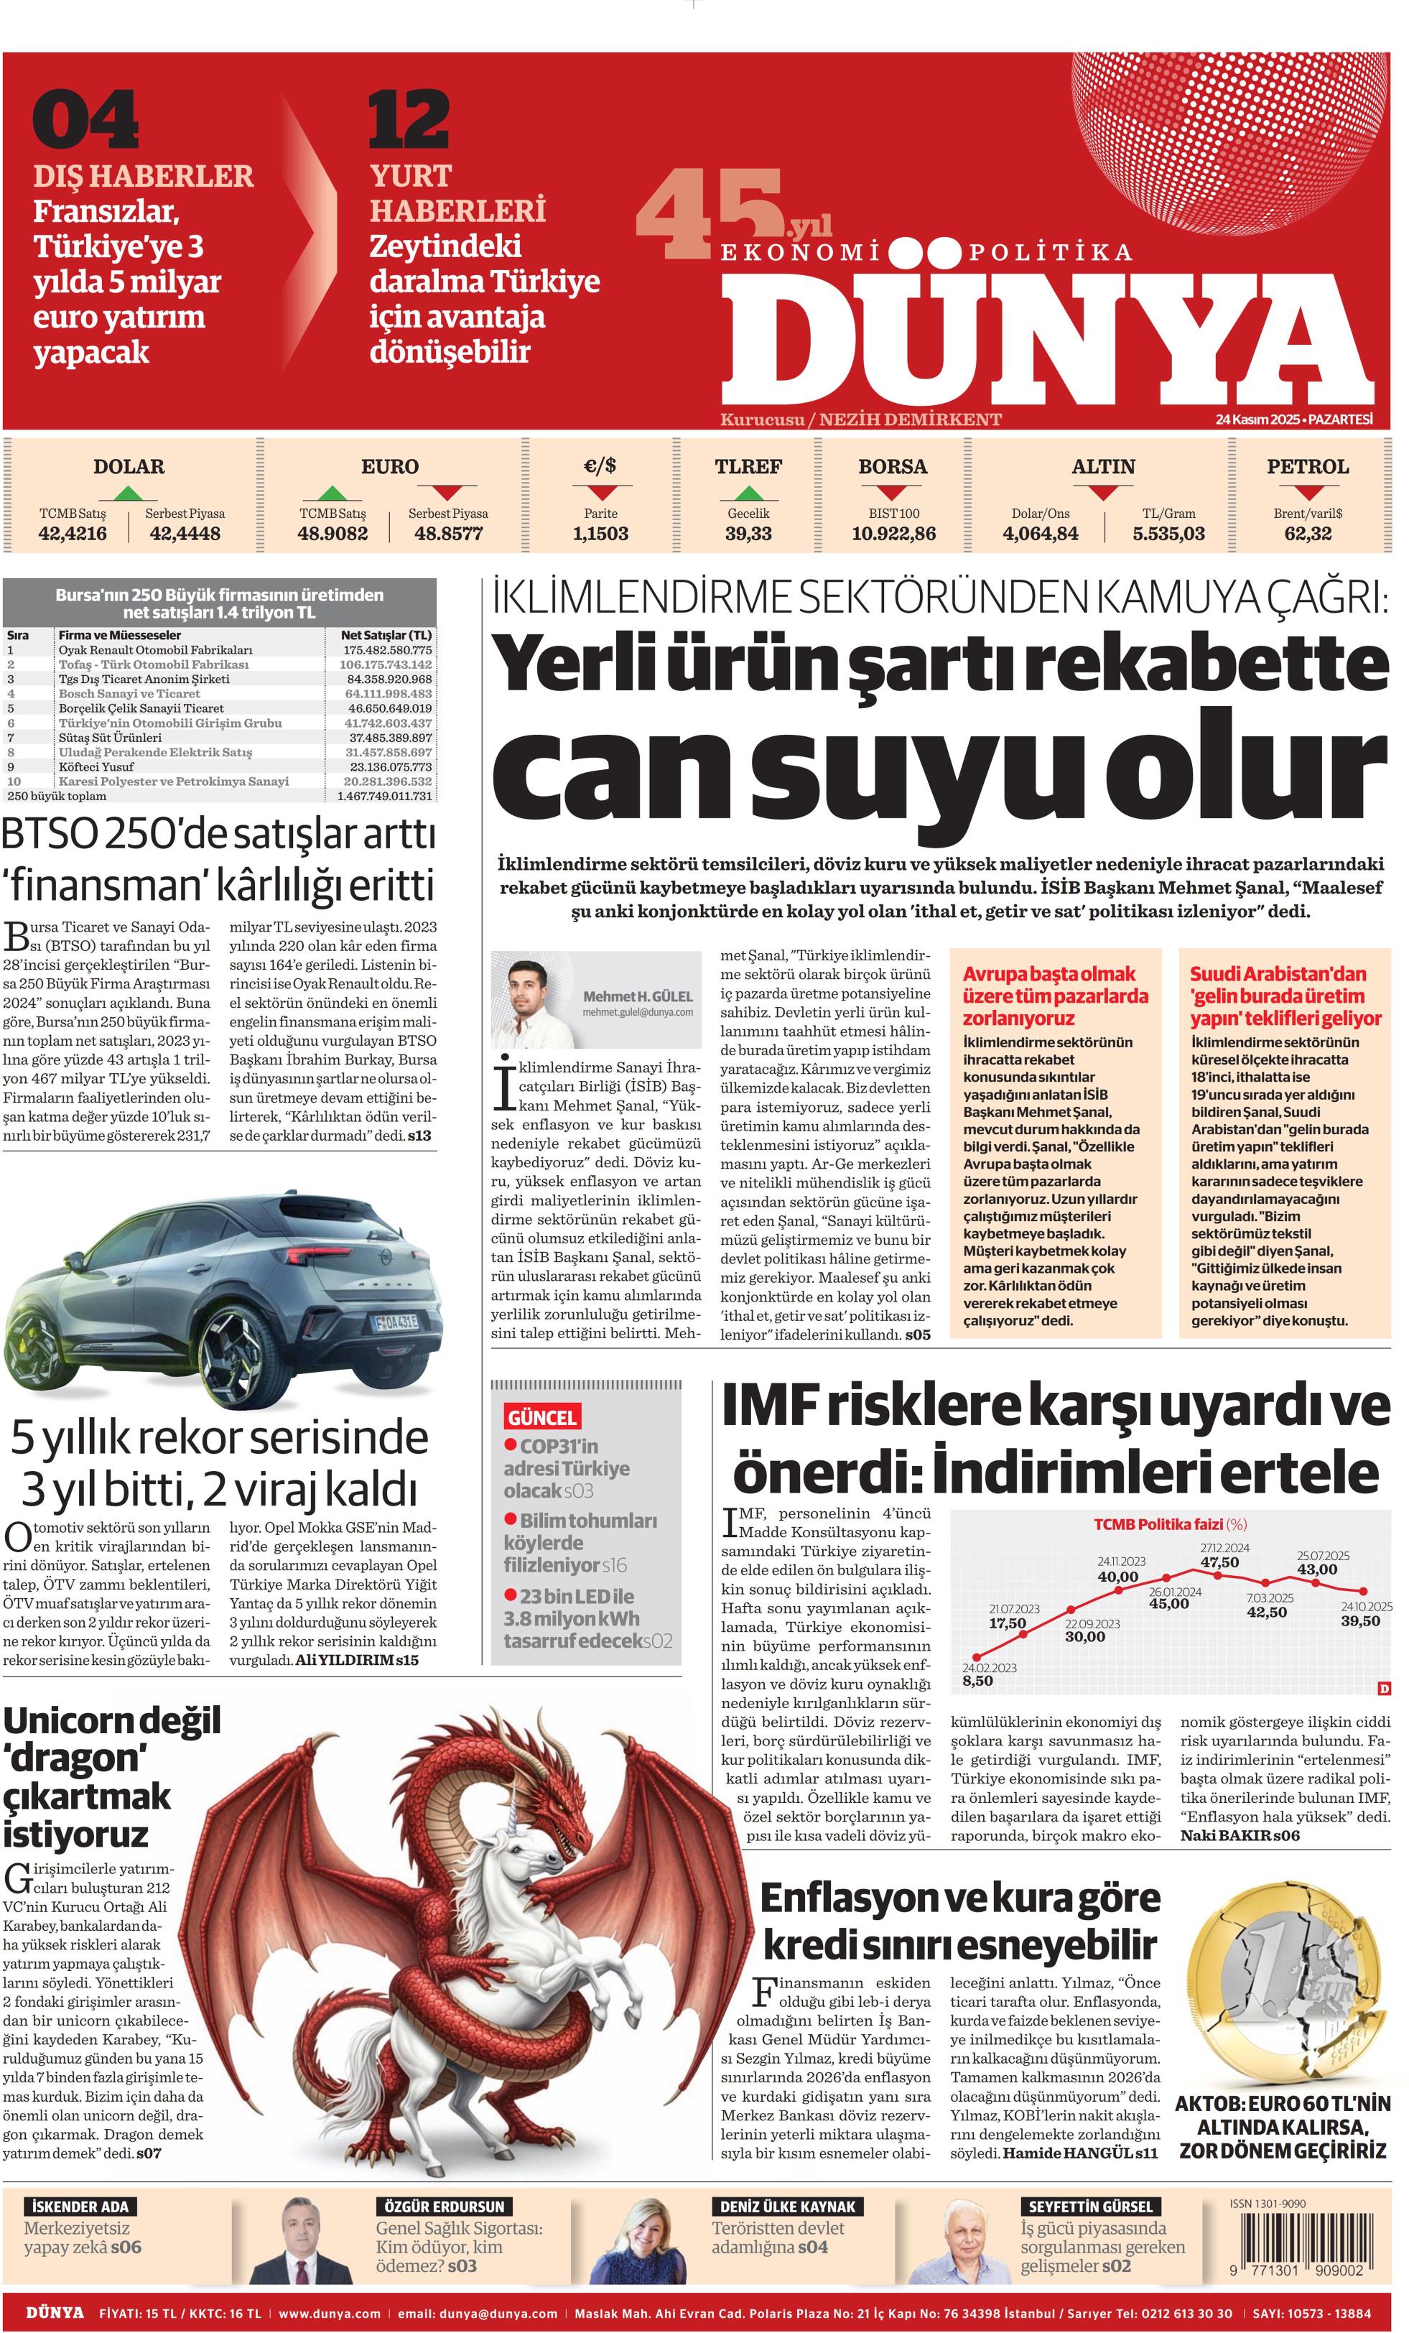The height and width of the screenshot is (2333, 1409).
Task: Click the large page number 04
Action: tap(86, 119)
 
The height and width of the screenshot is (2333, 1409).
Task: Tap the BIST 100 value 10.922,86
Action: tap(893, 534)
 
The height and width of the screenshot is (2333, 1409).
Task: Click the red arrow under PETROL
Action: tap(1308, 492)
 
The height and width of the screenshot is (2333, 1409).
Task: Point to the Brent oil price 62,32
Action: tap(1308, 534)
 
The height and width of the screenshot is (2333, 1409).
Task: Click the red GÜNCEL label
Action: tap(541, 1417)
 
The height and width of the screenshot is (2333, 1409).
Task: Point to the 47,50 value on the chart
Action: tap(1219, 1562)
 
